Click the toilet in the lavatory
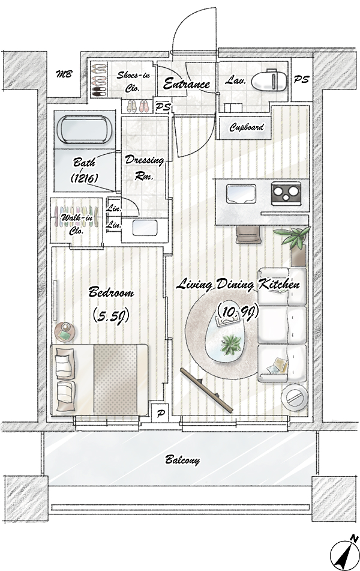[x=269, y=80]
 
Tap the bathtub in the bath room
[x=85, y=129]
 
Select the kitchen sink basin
[x=242, y=193]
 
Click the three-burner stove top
[x=286, y=193]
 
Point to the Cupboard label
[x=247, y=127]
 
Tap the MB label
[x=64, y=74]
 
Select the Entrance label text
[x=187, y=84]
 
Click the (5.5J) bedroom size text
[x=111, y=316]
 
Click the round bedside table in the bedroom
[x=65, y=333]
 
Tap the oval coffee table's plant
[x=230, y=345]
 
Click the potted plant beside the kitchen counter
[x=294, y=242]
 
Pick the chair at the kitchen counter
[x=248, y=235]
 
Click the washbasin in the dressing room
[x=145, y=228]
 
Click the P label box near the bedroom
[x=160, y=413]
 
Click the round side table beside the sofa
[x=295, y=397]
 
